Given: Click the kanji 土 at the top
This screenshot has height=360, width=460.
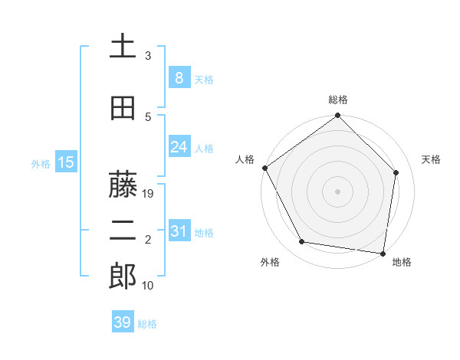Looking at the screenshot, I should click(123, 47).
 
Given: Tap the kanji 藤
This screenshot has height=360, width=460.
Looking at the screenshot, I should click(123, 185).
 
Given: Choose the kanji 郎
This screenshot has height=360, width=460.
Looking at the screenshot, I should click(123, 277).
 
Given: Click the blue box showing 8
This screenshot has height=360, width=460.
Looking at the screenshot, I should click(179, 78).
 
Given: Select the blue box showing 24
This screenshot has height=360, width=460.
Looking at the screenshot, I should click(179, 147).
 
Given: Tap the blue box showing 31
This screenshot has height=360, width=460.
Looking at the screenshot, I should click(179, 231).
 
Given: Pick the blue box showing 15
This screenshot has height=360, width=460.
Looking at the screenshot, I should click(65, 162).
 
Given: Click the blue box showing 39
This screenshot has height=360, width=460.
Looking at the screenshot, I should click(122, 322).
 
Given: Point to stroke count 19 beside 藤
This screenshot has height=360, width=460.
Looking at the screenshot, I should click(149, 194).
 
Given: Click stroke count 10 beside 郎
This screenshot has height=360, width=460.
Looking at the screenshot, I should click(149, 285).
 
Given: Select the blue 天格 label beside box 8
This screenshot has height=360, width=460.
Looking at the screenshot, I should click(204, 79).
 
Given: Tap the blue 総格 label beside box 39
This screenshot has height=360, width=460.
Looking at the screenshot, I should click(147, 323).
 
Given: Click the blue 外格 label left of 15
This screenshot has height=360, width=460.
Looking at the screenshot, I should click(40, 163).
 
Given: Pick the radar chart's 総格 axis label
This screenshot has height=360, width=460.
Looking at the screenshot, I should click(337, 100).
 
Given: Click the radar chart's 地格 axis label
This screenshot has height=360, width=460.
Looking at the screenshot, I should click(402, 263).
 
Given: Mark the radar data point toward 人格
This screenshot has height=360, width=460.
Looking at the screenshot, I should click(264, 168).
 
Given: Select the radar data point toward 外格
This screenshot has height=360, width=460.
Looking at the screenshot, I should click(302, 242).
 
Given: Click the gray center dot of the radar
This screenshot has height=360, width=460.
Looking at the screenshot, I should click(337, 191).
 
